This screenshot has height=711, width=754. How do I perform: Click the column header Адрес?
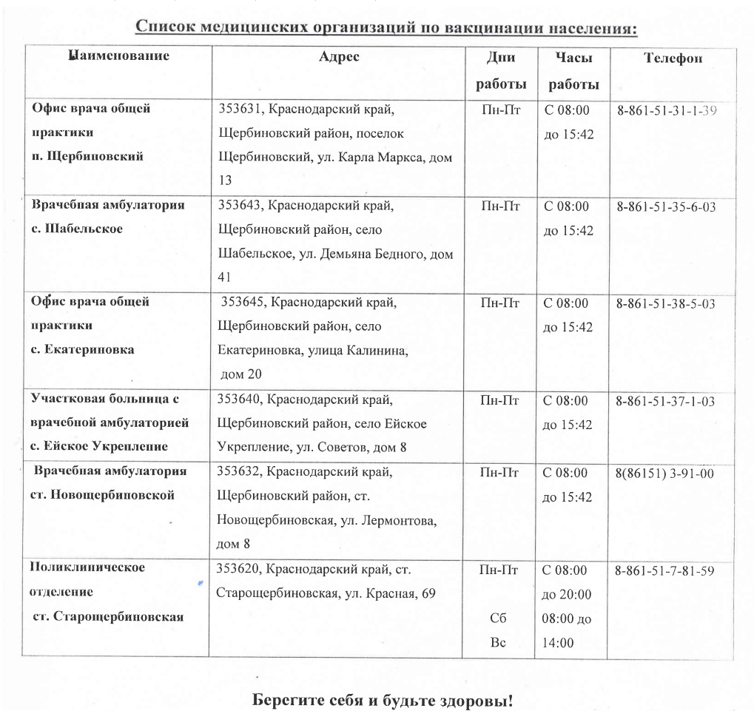point(339,58)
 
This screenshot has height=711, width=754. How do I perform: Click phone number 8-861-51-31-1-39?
point(667,112)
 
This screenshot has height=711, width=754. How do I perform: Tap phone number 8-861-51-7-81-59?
point(663,571)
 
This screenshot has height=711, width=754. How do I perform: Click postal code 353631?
point(240,110)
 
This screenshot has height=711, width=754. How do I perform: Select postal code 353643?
point(238,206)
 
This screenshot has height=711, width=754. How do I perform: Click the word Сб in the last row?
point(497,619)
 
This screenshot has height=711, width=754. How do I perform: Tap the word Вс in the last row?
point(497,642)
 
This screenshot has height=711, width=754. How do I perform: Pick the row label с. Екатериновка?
point(82,349)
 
